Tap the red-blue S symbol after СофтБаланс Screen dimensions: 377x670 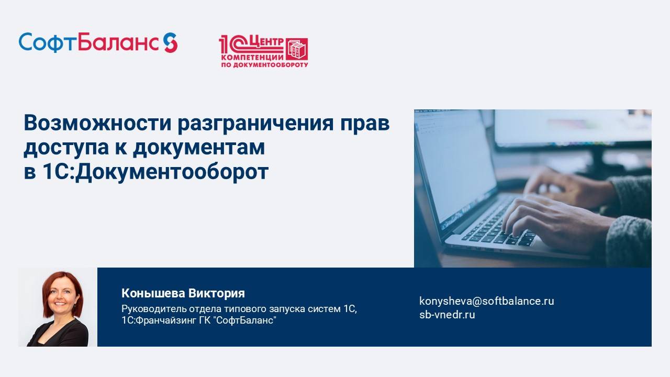170,42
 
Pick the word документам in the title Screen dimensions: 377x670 198,148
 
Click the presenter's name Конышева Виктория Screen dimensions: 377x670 183,293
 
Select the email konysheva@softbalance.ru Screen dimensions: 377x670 486,301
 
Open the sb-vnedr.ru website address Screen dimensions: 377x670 447,315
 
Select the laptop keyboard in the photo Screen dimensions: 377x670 497,225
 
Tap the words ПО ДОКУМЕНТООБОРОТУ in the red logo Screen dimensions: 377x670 263,65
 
